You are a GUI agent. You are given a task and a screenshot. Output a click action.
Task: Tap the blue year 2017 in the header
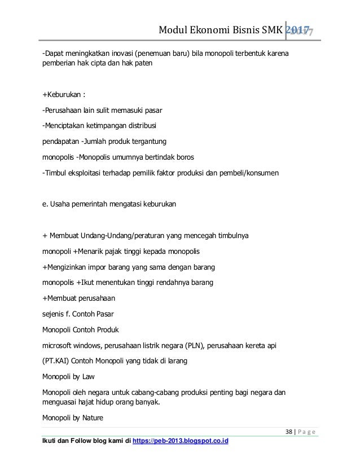coord(300,32)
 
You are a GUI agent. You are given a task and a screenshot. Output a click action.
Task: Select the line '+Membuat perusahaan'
coord(75,297)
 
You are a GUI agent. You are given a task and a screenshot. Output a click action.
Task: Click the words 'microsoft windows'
coord(72,344)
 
